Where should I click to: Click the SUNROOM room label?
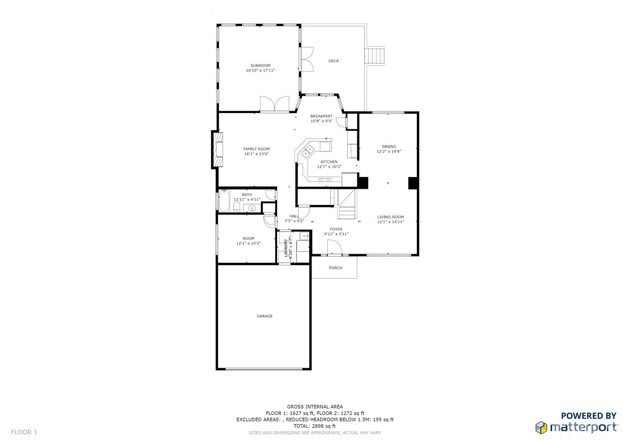(260, 65)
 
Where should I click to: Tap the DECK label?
(334, 61)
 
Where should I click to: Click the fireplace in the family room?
(218, 150)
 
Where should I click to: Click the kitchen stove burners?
(325, 182)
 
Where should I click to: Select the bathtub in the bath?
(224, 201)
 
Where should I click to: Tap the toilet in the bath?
(237, 207)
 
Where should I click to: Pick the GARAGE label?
(264, 316)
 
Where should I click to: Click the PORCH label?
(336, 267)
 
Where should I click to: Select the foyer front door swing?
(334, 247)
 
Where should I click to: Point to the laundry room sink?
(304, 236)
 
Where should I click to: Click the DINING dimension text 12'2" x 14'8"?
(389, 151)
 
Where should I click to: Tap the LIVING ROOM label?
(390, 217)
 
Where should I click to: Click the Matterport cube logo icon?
(541, 428)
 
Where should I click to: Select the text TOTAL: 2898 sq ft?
(315, 426)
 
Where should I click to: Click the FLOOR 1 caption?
(24, 432)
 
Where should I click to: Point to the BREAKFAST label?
(321, 116)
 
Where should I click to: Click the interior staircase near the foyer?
(346, 204)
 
